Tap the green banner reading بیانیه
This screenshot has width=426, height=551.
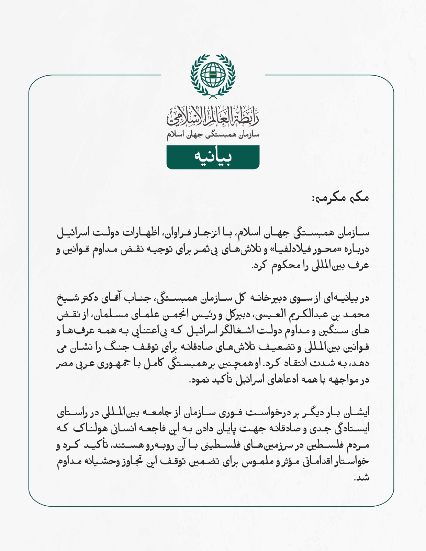213,157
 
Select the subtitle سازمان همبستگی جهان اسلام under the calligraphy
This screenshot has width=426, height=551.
213,135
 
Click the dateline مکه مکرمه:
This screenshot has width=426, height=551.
340,198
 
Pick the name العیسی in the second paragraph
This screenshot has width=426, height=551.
271,315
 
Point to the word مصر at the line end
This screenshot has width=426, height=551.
64,364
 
